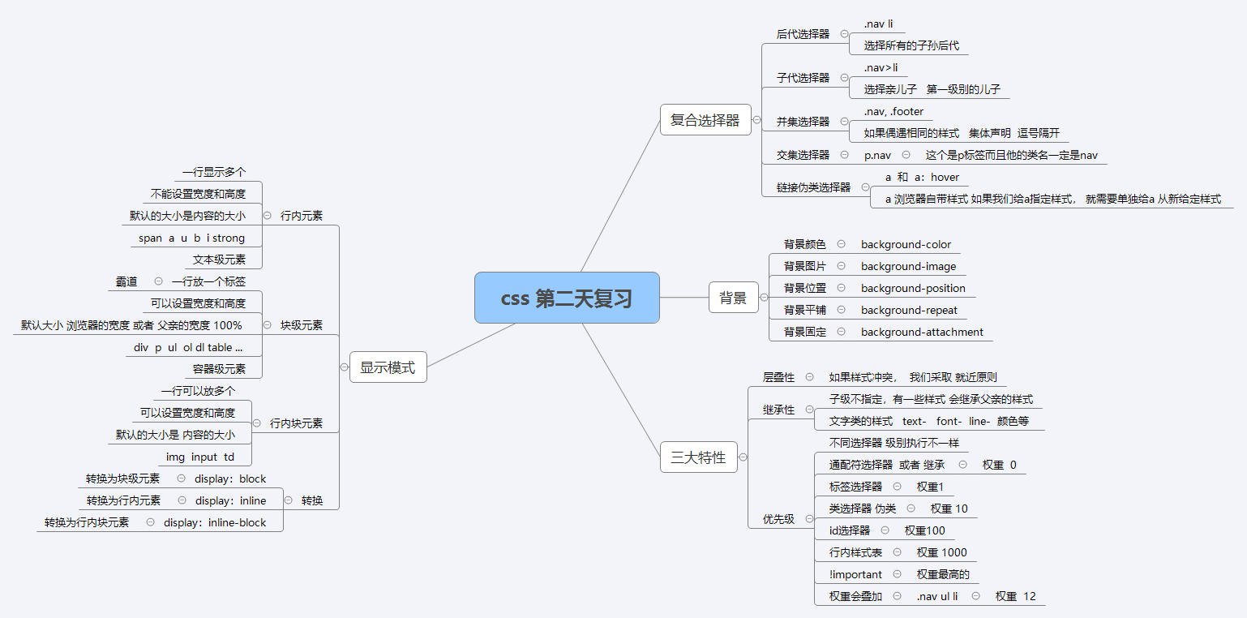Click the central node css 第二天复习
566,298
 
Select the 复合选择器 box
705,120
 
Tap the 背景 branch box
733,298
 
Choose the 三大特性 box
697,457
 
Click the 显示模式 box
388,367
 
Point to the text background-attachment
922,332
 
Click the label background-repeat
909,310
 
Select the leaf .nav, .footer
893,111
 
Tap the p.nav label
877,155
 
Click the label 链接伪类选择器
813,187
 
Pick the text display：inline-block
215,523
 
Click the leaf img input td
199,457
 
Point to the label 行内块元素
296,423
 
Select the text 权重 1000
941,552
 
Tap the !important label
855,574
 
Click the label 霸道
126,281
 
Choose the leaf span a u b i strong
191,238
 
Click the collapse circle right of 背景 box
763,298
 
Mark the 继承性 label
778,410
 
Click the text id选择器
849,530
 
